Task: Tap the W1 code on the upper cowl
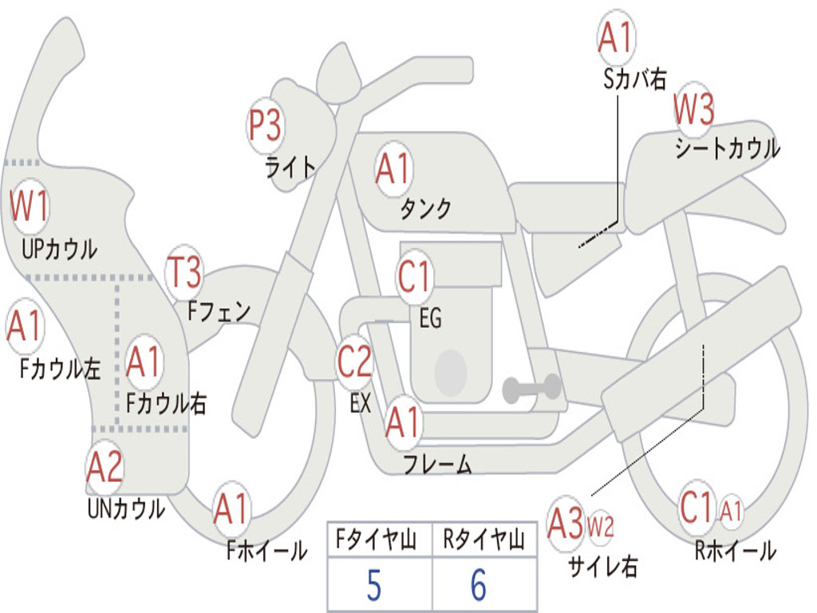tap(30, 206)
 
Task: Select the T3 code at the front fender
tap(184, 273)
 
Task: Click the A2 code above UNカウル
tap(105, 468)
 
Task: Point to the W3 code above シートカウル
tap(694, 110)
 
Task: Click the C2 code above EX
tap(355, 362)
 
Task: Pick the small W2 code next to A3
tap(600, 526)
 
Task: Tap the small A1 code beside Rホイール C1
tap(731, 511)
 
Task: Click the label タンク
tap(425, 208)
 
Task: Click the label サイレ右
tap(602, 566)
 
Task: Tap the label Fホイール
tap(266, 550)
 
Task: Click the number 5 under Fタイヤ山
tap(374, 585)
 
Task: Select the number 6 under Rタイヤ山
tap(479, 585)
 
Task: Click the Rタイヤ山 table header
tap(483, 541)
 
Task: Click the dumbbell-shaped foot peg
tap(532, 389)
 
